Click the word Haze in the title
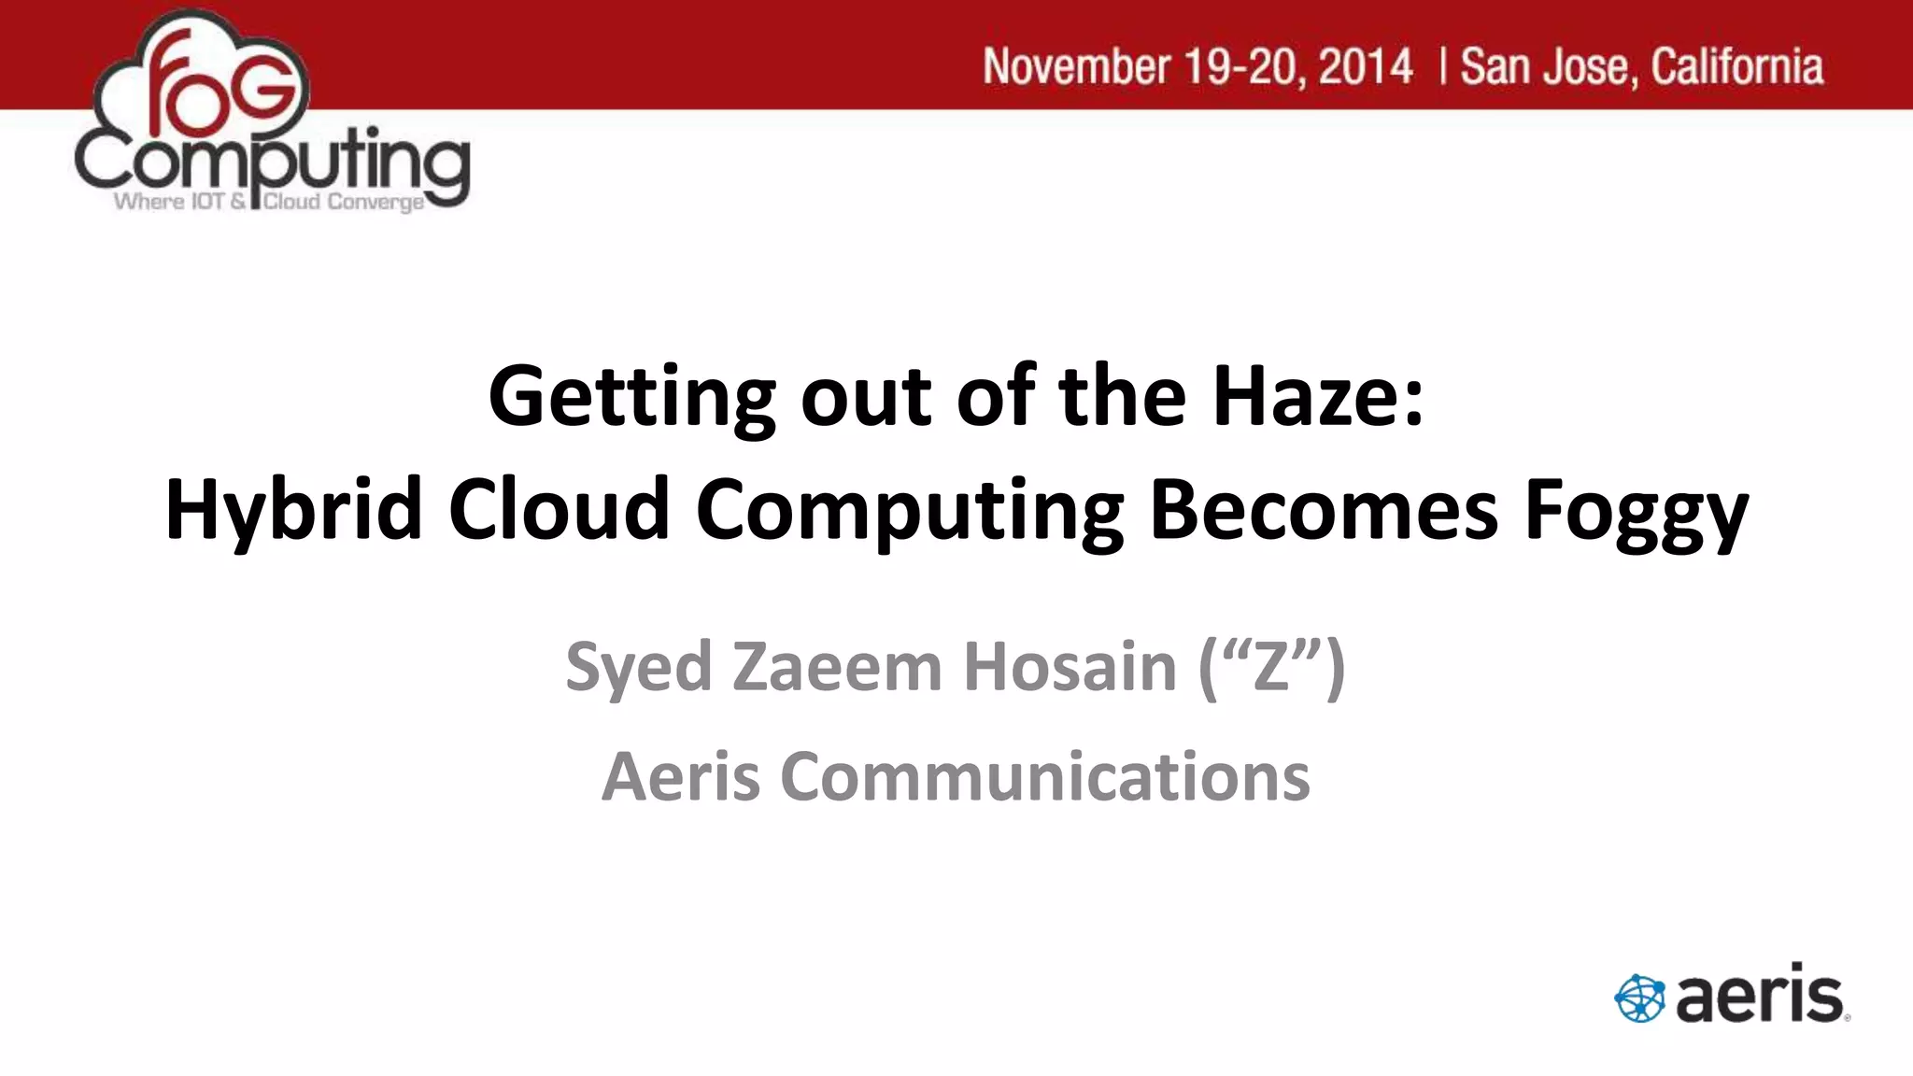(x=1318, y=396)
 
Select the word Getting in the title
(x=631, y=398)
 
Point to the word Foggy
(x=1636, y=512)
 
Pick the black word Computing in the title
(x=910, y=512)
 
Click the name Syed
(x=639, y=669)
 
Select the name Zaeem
(x=837, y=667)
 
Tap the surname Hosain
(x=1070, y=667)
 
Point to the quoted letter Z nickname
(x=1271, y=667)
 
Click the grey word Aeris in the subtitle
(x=681, y=777)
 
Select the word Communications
(x=1045, y=777)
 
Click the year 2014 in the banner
(x=1366, y=67)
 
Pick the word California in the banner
(x=1736, y=67)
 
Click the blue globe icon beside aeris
(x=1639, y=998)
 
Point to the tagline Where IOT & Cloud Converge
(x=269, y=202)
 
